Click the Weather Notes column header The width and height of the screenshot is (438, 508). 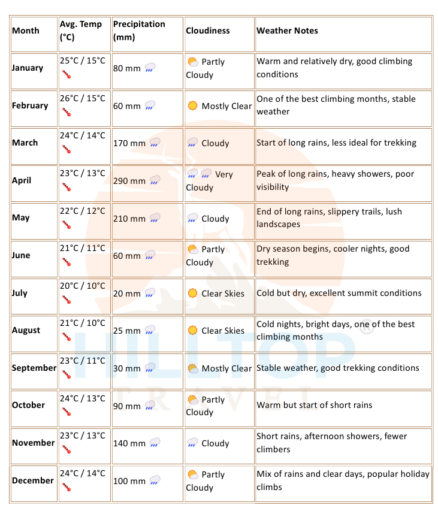[x=287, y=31]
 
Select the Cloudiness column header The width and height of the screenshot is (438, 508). [x=207, y=31]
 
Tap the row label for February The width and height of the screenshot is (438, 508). [x=30, y=105]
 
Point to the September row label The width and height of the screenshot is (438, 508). [x=34, y=368]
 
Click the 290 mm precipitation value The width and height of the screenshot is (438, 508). [x=129, y=181]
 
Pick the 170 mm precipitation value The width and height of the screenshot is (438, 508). [x=129, y=143]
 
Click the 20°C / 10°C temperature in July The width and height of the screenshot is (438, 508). [x=82, y=286]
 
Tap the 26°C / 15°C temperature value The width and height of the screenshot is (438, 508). [x=82, y=98]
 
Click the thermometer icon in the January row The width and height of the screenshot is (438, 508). [x=66, y=75]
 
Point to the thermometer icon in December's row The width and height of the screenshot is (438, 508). [x=66, y=488]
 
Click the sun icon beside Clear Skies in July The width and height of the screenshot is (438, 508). [x=192, y=294]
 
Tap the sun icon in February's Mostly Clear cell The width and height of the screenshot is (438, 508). [x=192, y=106]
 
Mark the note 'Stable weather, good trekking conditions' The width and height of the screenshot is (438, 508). [x=337, y=368]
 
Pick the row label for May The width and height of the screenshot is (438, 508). [x=20, y=218]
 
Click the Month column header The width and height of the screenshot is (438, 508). [x=26, y=31]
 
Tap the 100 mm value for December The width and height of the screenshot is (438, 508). [x=129, y=481]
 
